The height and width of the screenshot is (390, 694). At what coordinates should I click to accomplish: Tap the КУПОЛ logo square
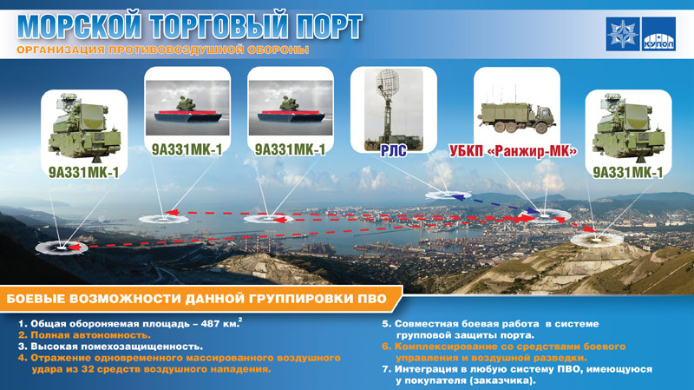(659, 34)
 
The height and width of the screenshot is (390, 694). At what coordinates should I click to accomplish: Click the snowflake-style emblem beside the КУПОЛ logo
(623, 34)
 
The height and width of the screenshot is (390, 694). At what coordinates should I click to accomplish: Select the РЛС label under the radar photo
(394, 151)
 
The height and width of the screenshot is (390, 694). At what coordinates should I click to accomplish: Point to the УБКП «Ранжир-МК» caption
(514, 151)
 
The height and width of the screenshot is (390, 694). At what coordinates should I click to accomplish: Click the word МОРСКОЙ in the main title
(80, 27)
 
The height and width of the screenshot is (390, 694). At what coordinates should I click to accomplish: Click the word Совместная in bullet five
(426, 324)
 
